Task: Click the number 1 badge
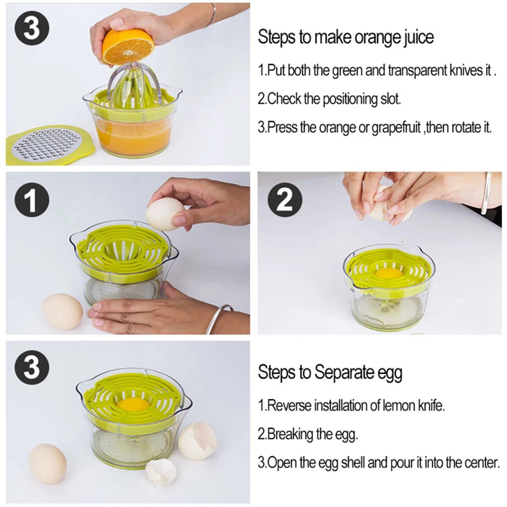pyautogui.click(x=32, y=201)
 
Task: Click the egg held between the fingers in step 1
pyautogui.click(x=165, y=214)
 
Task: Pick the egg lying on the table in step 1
pyautogui.click(x=63, y=311)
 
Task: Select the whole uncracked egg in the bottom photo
pyautogui.click(x=47, y=464)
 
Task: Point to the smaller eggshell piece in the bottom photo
pyautogui.click(x=161, y=473)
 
